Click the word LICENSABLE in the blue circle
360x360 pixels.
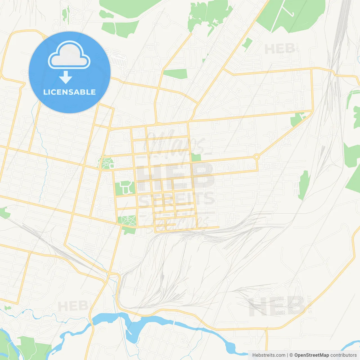69,92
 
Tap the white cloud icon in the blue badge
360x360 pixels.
69,55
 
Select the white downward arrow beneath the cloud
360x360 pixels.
66,77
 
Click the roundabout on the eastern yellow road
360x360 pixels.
256,157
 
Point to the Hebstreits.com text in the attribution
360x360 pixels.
269,355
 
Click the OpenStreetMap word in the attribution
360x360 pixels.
312,355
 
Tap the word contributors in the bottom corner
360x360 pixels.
343,355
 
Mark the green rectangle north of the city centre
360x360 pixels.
175,74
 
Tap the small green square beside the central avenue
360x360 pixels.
196,157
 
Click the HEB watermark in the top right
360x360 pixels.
280,49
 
